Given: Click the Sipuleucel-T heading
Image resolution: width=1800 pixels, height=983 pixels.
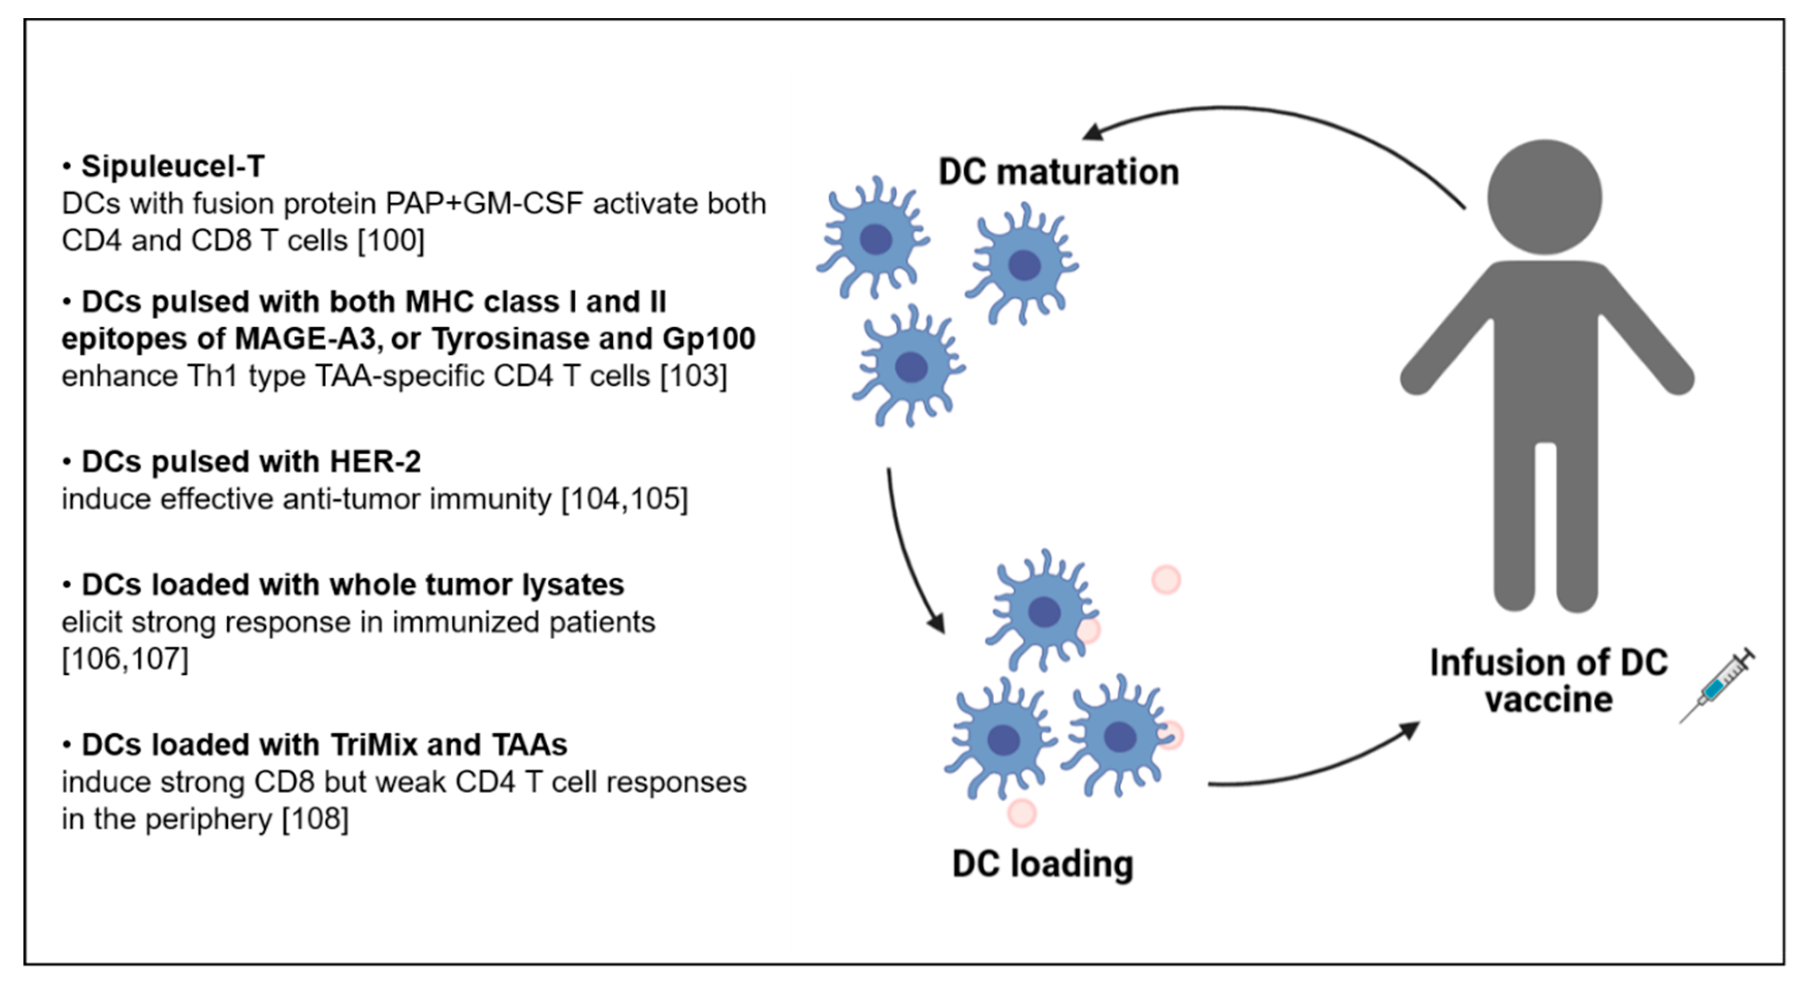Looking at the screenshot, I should click(x=172, y=166).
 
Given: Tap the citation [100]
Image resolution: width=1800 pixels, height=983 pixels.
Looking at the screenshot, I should click(x=391, y=241).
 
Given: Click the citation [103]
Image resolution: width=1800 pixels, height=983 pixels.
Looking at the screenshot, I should click(x=694, y=376).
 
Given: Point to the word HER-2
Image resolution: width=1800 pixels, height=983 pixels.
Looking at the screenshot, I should click(x=375, y=462).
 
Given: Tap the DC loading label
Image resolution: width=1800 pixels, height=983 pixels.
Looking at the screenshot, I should click(x=1043, y=864).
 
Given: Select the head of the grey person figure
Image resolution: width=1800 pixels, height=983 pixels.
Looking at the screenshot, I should click(x=1544, y=197).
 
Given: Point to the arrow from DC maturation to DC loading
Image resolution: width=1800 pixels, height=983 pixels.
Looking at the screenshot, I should click(x=905, y=552).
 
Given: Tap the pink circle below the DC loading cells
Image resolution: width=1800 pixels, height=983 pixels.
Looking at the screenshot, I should click(x=1022, y=813).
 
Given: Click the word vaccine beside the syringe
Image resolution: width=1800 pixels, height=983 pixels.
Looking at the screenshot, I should click(x=1549, y=700).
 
